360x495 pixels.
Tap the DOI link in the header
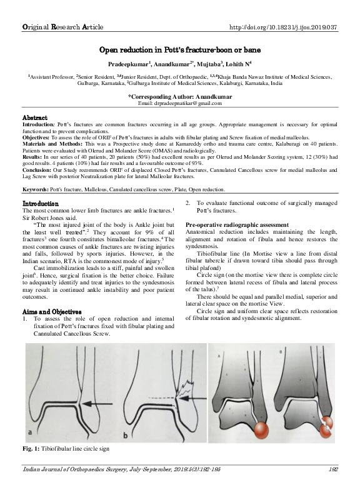[x=284, y=28]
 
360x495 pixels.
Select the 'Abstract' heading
[x=35, y=118]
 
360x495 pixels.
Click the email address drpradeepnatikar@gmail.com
[x=180, y=104]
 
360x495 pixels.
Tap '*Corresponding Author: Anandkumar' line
[x=180, y=97]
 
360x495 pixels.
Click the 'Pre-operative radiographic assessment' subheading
[x=237, y=224]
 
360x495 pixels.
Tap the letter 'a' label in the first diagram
[x=29, y=432]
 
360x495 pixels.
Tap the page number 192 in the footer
[x=333, y=469]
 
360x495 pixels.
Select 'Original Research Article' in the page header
[x=58, y=28]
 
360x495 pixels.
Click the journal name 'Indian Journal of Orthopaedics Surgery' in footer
[x=75, y=469]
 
